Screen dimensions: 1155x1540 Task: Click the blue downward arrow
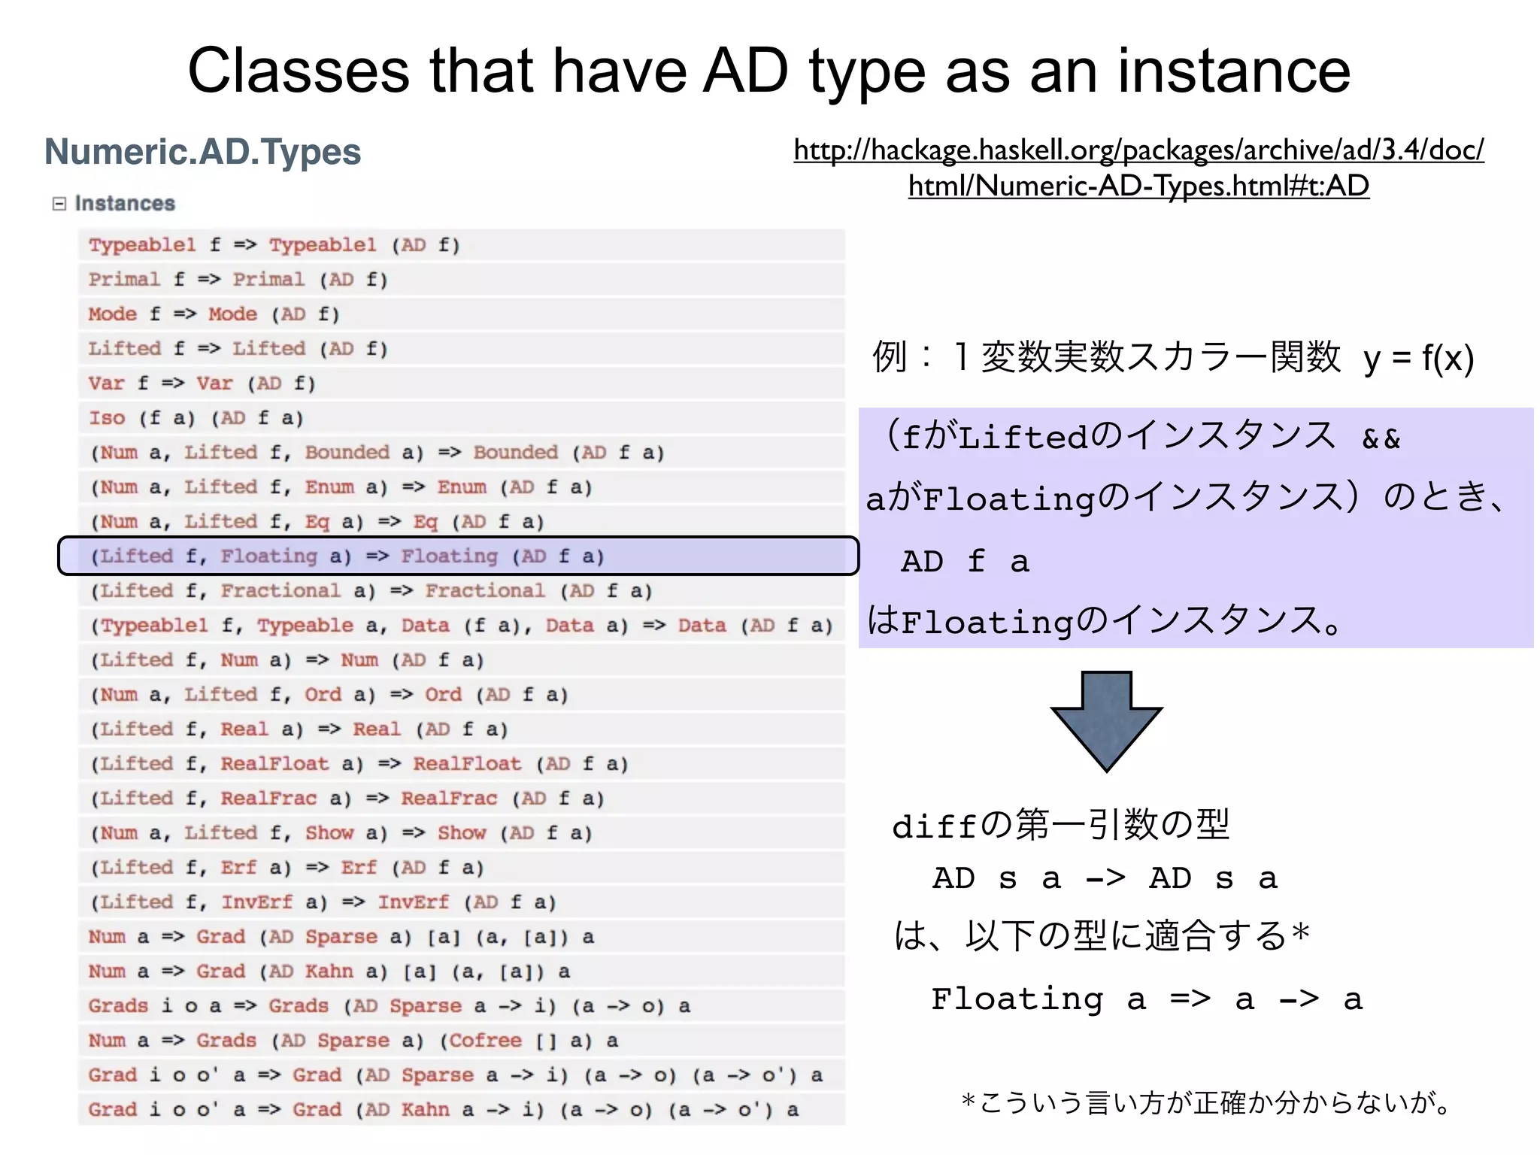pyautogui.click(x=1106, y=720)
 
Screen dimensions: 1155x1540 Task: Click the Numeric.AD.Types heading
pyautogui.click(x=202, y=152)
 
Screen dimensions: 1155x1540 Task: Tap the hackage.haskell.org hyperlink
pyautogui.click(x=1138, y=168)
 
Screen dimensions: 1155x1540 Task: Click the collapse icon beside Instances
pyautogui.click(x=59, y=204)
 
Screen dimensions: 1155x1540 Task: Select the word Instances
pyautogui.click(x=125, y=204)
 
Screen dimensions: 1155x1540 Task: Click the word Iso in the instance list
pyautogui.click(x=107, y=418)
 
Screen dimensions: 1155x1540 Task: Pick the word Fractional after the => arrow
pyautogui.click(x=485, y=591)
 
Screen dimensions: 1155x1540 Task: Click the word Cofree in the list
pyautogui.click(x=485, y=1041)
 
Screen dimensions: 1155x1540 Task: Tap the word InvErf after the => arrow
pyautogui.click(x=413, y=902)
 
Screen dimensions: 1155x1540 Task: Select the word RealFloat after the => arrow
pyautogui.click(x=467, y=764)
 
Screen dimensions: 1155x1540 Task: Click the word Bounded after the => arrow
pyautogui.click(x=515, y=453)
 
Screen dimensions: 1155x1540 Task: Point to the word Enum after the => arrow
pyautogui.click(x=461, y=487)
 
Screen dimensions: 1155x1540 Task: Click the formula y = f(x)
pyautogui.click(x=1418, y=358)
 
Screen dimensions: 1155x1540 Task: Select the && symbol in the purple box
pyautogui.click(x=1381, y=439)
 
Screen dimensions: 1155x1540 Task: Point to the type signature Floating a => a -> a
pyautogui.click(x=1147, y=999)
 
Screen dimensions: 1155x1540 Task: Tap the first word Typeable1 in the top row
pyautogui.click(x=142, y=245)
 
